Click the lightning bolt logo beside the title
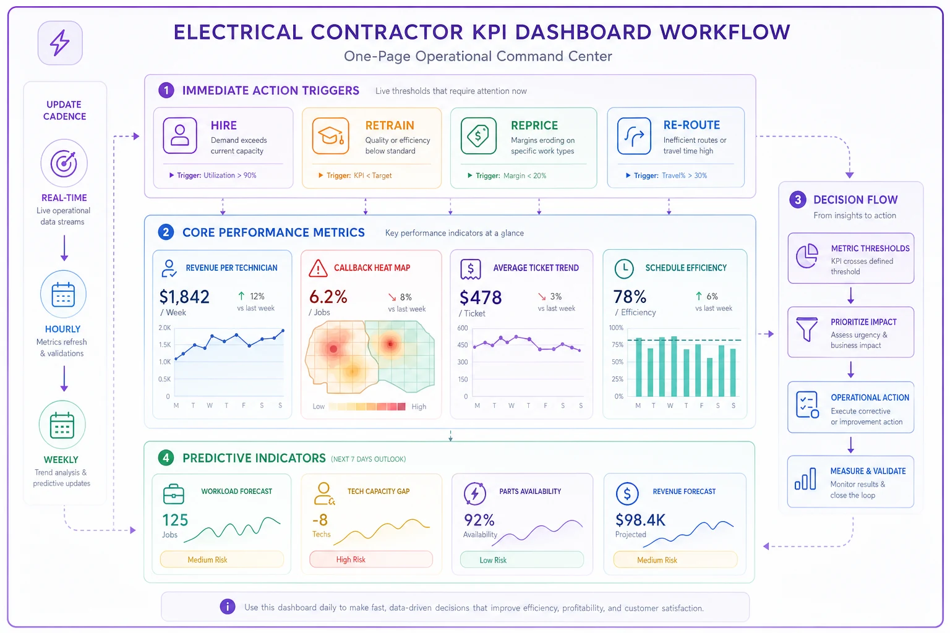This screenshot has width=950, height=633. (x=60, y=43)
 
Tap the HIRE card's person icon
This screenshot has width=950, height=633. (x=180, y=135)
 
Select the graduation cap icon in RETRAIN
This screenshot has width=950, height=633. (x=330, y=135)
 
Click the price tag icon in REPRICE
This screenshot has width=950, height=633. (x=478, y=135)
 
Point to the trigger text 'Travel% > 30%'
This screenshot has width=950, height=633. (x=684, y=176)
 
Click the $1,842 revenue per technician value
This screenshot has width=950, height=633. (x=184, y=297)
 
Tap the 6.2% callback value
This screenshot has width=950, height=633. (x=328, y=297)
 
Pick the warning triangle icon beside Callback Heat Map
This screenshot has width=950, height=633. (x=318, y=268)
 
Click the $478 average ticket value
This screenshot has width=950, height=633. (x=481, y=297)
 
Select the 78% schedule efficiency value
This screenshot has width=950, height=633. (x=630, y=297)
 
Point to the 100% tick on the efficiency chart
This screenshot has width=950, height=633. (x=616, y=328)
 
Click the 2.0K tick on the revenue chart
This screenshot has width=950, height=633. (x=165, y=328)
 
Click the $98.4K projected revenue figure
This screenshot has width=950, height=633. (x=640, y=520)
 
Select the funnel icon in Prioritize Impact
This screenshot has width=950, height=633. (x=807, y=329)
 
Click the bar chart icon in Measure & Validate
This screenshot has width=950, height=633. (x=805, y=479)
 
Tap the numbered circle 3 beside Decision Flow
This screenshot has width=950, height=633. (x=798, y=199)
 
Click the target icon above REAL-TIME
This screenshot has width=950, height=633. (x=64, y=163)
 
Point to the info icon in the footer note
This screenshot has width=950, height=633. (x=228, y=606)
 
